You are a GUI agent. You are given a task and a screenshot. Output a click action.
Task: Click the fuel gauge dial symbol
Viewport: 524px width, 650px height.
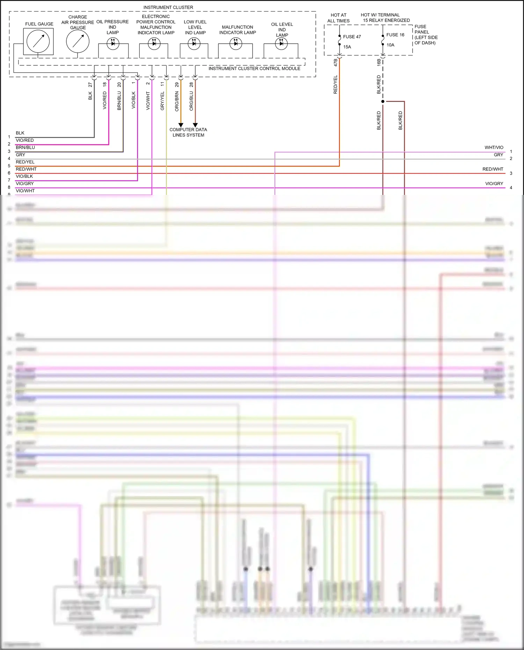tap(38, 41)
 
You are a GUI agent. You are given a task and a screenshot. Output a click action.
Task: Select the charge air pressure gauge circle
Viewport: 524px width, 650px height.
tap(78, 41)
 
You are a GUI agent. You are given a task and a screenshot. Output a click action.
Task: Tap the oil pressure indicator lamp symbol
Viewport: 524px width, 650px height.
tap(113, 44)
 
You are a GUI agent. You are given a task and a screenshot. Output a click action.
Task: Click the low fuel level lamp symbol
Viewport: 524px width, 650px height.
tap(194, 44)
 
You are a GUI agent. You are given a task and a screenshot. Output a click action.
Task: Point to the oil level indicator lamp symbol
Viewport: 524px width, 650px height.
tap(281, 44)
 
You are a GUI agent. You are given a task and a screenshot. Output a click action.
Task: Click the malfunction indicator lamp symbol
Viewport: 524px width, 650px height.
tap(236, 44)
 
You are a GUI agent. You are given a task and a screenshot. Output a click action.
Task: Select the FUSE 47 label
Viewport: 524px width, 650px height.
tap(352, 37)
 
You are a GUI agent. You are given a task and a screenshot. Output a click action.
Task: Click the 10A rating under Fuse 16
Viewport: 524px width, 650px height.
tap(390, 45)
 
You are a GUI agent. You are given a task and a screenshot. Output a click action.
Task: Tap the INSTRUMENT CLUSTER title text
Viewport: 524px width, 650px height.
tap(168, 7)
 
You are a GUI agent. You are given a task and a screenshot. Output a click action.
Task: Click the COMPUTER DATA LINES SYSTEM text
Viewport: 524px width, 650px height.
tap(188, 132)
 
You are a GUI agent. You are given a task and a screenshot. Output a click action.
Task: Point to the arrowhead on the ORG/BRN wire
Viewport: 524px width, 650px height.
tap(181, 125)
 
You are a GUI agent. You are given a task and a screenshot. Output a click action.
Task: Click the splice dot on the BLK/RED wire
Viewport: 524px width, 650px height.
tap(383, 101)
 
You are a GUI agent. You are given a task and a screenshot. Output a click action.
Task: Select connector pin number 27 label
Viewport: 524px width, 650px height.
tap(90, 85)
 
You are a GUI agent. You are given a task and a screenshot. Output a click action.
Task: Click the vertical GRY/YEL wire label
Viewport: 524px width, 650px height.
tap(162, 101)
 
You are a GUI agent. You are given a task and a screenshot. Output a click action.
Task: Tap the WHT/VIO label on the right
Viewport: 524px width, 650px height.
tap(494, 147)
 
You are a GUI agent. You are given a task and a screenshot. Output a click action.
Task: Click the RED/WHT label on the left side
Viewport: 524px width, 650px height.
tap(26, 169)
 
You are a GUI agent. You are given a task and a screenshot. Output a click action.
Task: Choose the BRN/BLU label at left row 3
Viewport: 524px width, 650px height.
tap(25, 147)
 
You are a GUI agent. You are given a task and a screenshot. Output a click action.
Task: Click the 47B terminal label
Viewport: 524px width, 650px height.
tap(336, 63)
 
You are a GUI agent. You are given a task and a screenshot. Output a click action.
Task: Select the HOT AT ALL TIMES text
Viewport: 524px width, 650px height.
tap(338, 18)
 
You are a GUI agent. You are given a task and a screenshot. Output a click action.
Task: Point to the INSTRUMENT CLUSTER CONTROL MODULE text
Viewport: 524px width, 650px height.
tap(254, 68)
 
